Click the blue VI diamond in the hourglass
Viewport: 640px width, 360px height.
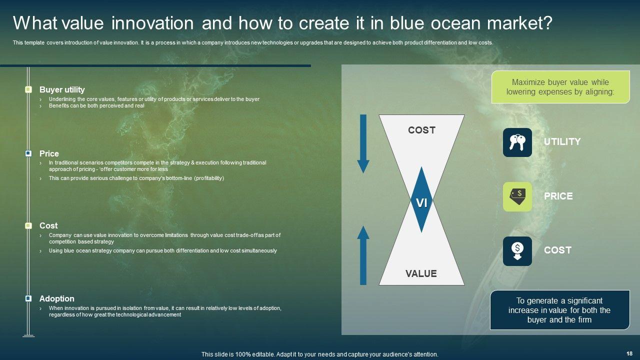pos(421,199)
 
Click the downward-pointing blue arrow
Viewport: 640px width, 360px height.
pos(363,143)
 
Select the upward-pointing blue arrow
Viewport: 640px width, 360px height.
pos(363,255)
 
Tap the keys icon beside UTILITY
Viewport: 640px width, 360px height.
pos(517,142)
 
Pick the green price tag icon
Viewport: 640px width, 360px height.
pos(517,196)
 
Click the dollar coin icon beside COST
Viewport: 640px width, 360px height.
pos(517,251)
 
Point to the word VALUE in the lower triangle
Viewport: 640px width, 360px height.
pos(421,273)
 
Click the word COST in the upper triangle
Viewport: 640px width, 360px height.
pos(421,130)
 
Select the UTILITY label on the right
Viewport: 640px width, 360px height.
pos(562,141)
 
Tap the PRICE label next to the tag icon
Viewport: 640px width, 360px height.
pos(558,196)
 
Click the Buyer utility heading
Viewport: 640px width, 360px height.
pos(62,89)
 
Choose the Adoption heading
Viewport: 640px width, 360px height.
pos(57,298)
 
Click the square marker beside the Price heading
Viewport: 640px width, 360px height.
pos(28,153)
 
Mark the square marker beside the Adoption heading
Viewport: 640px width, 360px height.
pos(28,298)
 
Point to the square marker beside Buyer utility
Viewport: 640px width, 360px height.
pos(28,89)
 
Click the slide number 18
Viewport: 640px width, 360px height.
pos(629,353)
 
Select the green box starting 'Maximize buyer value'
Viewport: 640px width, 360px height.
pos(560,87)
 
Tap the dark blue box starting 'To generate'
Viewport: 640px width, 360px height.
pos(560,310)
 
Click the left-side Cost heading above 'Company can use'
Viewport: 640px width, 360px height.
pos(48,225)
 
